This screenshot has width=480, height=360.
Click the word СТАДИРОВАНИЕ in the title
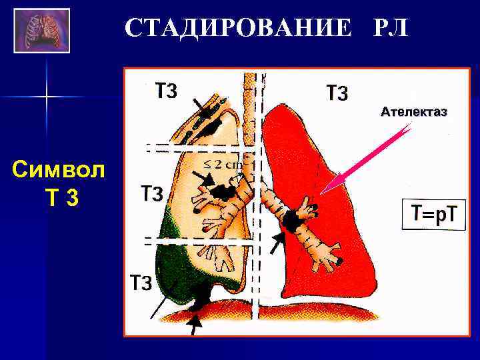click(237, 28)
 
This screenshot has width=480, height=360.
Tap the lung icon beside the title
click(41, 30)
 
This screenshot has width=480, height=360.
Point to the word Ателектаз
click(413, 112)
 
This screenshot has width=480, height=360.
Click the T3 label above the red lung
click(337, 93)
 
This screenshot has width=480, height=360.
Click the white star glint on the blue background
click(47, 97)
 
